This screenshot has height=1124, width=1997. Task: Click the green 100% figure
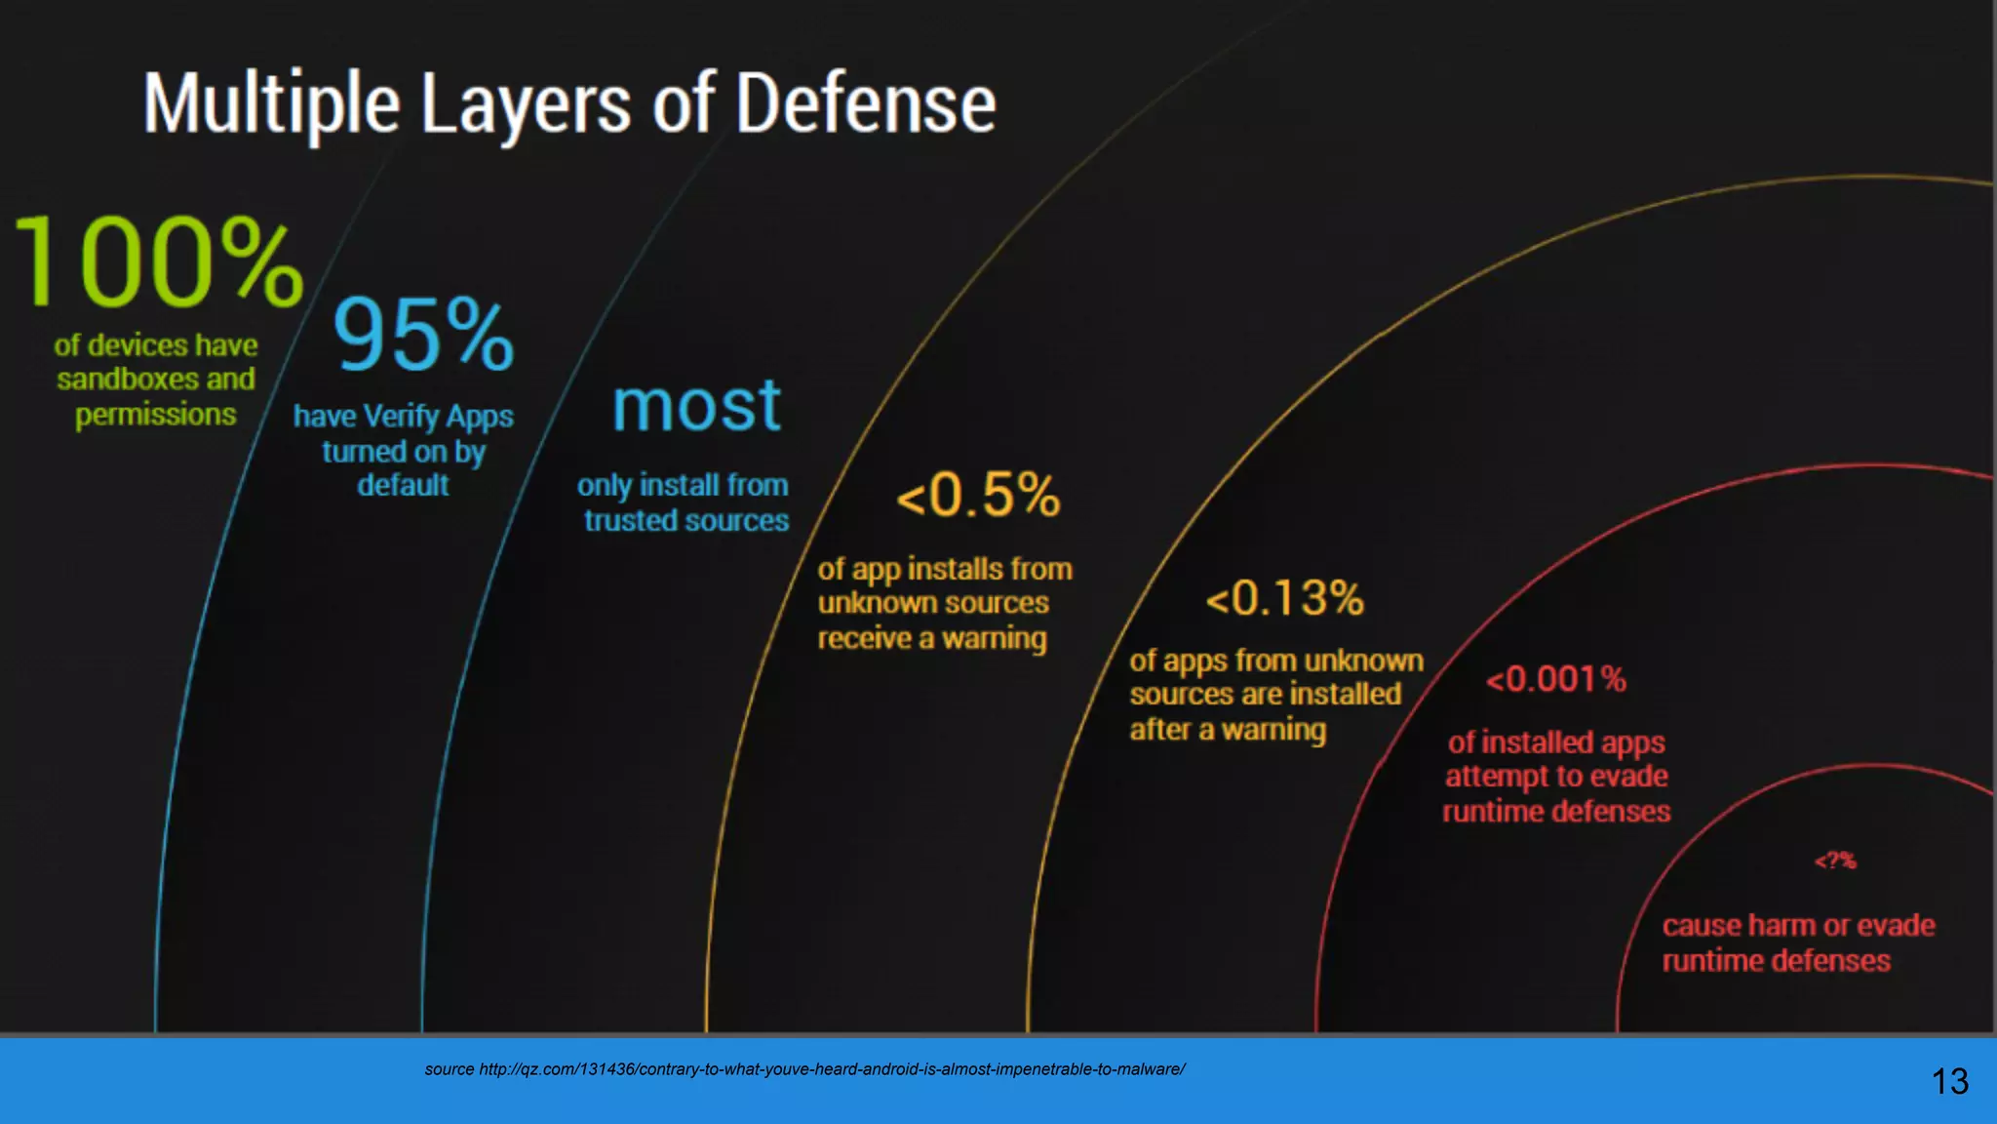(x=159, y=261)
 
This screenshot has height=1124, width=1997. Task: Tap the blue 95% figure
(x=423, y=335)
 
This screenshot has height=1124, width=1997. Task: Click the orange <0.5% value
(x=978, y=495)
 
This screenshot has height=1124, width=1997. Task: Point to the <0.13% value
(x=1284, y=598)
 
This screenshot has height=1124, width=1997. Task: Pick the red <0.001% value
(x=1555, y=678)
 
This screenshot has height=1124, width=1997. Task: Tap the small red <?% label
(x=1834, y=861)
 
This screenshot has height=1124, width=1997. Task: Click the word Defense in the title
(x=865, y=104)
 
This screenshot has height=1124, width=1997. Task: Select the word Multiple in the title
(x=272, y=104)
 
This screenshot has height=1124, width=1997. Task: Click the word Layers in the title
(x=526, y=104)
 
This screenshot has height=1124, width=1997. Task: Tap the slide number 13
(x=1949, y=1081)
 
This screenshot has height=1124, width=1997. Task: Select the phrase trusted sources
(x=686, y=521)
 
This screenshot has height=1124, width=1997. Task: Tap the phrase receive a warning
(x=931, y=638)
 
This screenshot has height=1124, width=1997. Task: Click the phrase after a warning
(x=1228, y=730)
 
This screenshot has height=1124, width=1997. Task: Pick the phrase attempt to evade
(x=1556, y=777)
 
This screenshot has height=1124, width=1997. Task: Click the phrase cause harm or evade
(x=1798, y=925)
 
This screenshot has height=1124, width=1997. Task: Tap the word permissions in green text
(x=156, y=415)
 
